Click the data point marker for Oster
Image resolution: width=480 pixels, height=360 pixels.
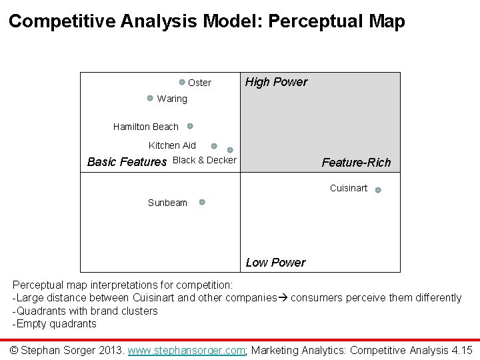181,82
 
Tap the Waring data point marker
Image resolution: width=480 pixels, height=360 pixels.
151,98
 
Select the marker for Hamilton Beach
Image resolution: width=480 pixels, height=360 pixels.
190,125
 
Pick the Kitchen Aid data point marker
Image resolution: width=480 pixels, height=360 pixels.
214,145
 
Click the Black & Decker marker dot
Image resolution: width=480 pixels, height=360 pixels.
230,150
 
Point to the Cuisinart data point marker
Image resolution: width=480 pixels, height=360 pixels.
378,190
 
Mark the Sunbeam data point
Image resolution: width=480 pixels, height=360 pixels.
202,201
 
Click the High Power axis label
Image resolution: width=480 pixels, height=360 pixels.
276,82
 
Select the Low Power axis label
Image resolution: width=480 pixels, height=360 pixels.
275,262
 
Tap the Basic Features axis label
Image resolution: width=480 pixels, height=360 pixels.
127,161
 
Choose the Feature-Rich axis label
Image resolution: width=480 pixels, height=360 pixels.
356,163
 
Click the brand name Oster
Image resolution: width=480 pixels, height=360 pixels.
199,83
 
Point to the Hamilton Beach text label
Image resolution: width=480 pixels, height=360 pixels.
146,127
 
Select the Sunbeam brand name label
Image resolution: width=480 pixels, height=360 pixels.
167,203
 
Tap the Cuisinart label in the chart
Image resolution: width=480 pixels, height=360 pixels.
348,189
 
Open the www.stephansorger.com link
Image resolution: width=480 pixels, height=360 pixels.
187,350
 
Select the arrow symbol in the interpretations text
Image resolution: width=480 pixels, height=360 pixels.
283,298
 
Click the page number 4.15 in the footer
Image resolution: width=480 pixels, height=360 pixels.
461,350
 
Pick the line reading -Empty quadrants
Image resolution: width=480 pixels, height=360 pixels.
55,324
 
